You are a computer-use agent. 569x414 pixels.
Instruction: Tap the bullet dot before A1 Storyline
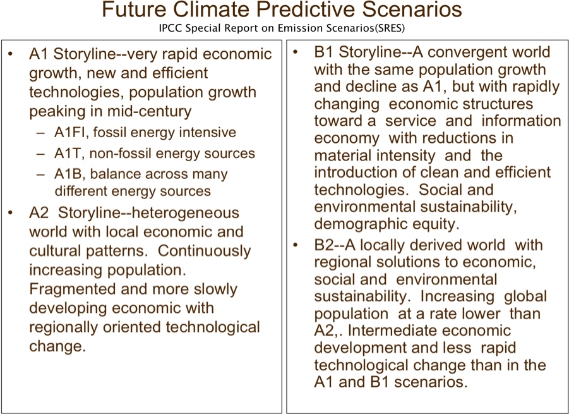[10, 54]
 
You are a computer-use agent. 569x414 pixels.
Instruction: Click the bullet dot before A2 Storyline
[10, 212]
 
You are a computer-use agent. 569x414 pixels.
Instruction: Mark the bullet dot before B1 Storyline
[296, 52]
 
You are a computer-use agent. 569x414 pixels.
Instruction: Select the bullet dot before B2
[296, 245]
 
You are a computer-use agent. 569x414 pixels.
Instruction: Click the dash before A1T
[40, 154]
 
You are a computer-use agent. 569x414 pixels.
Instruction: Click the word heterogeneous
[184, 213]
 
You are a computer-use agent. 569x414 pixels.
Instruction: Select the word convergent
[466, 52]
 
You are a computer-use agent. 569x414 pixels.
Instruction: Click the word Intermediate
[392, 331]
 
